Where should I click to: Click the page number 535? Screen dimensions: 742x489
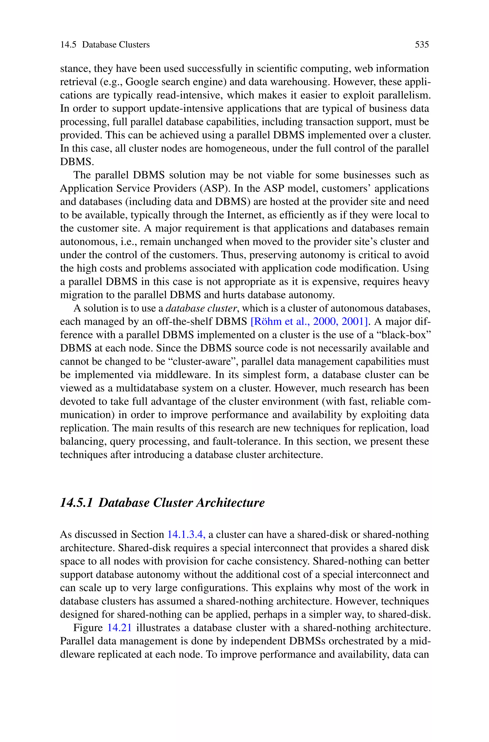coord(422,45)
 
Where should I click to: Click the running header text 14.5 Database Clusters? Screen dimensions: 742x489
coord(105,45)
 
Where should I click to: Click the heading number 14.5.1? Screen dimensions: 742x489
coord(76,503)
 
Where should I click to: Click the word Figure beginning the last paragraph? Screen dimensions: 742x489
coord(88,628)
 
